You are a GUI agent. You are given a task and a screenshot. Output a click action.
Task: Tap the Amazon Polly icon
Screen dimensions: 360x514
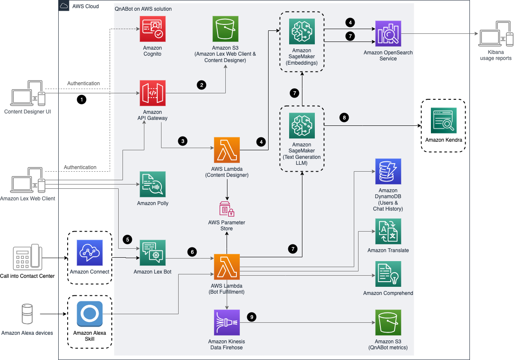click(152, 184)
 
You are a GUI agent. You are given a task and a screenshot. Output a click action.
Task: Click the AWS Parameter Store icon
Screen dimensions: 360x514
click(227, 208)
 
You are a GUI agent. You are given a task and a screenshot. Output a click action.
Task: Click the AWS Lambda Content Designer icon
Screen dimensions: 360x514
click(227, 150)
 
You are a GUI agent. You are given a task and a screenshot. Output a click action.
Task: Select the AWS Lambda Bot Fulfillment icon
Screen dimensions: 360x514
click(227, 267)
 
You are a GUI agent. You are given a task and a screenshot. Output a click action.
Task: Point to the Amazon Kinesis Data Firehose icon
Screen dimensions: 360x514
click(227, 322)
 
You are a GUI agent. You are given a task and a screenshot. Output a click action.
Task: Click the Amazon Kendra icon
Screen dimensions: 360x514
click(444, 120)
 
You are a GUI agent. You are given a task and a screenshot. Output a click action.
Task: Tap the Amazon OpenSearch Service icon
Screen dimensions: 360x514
click(388, 34)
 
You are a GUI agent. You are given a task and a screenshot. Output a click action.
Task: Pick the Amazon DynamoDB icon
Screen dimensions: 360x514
click(388, 172)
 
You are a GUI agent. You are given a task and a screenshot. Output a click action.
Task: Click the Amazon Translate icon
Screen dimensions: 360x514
click(388, 232)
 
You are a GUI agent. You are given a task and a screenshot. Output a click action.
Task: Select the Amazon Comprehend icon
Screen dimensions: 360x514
click(388, 274)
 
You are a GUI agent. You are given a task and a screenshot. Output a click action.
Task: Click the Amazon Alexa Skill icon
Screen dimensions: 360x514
click(90, 314)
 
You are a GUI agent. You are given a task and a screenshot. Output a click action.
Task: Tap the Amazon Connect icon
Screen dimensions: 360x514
click(90, 253)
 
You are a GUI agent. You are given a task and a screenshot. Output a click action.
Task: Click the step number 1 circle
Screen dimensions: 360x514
click(81, 99)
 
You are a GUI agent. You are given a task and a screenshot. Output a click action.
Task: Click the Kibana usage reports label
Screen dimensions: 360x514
click(496, 55)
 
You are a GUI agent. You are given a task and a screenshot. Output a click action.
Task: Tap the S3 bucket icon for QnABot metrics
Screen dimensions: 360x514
click(388, 322)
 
